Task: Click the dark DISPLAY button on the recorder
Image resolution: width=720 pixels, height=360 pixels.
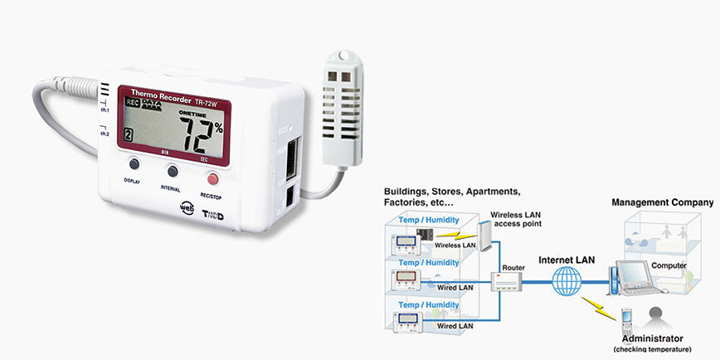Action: click(133, 165)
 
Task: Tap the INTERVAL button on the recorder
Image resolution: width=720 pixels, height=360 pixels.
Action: click(173, 171)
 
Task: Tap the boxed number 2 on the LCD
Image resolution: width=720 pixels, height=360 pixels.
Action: click(127, 136)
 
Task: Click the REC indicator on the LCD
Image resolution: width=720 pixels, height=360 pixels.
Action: click(129, 102)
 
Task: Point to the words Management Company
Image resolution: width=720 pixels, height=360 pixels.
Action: click(662, 202)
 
